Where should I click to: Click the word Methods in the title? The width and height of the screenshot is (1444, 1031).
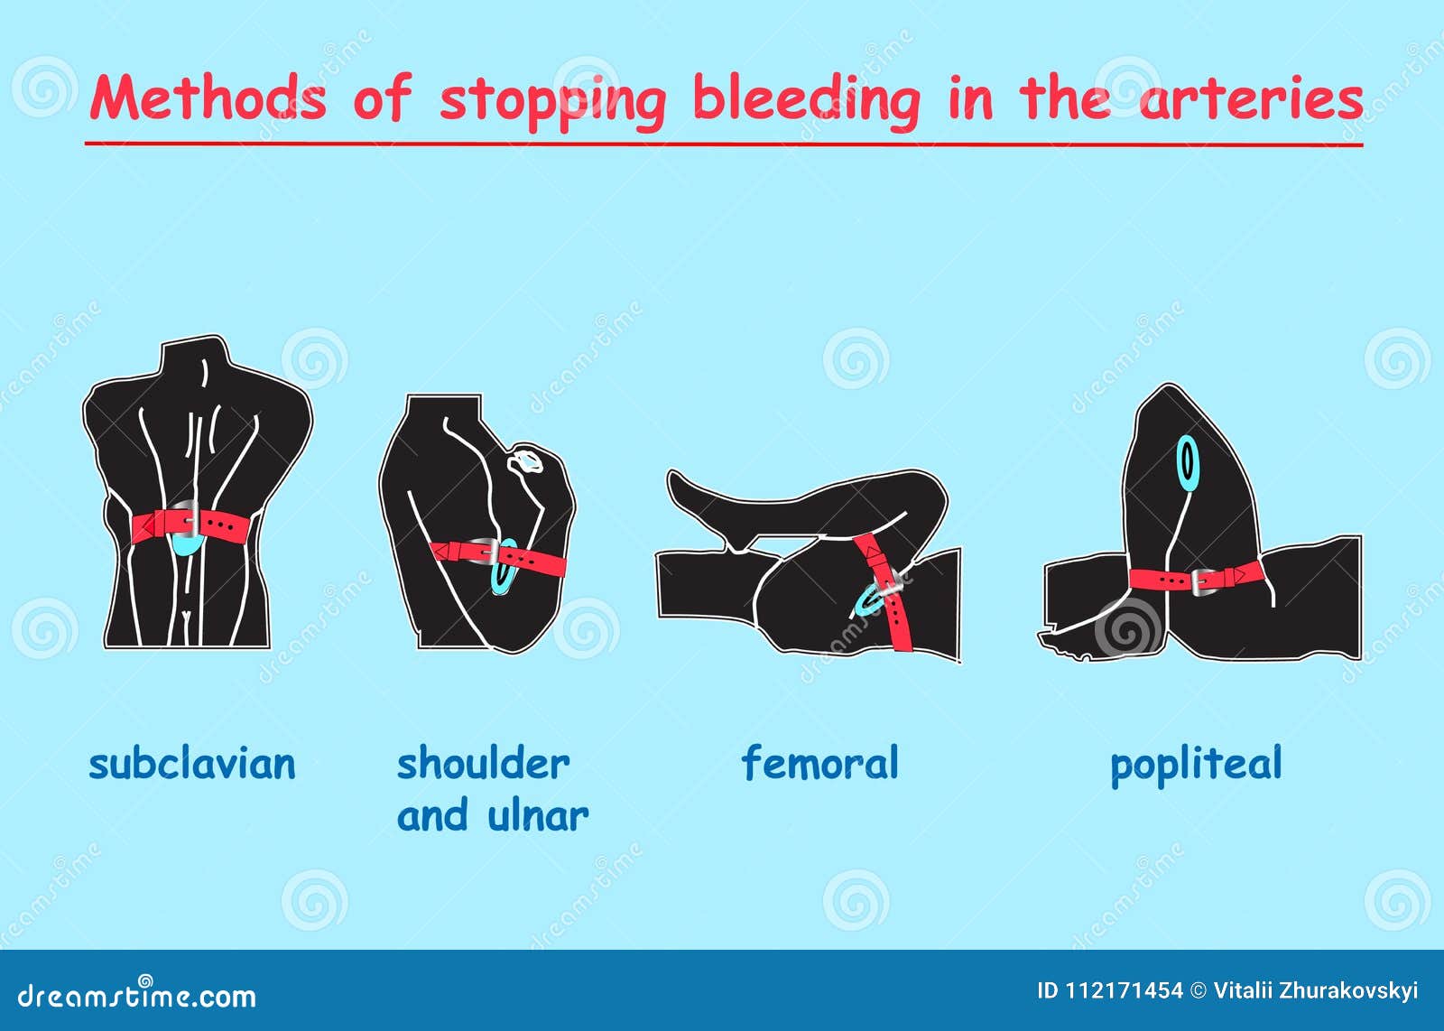click(x=208, y=98)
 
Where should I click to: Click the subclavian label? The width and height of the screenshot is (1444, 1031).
click(x=192, y=764)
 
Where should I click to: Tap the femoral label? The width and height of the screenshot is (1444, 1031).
click(x=820, y=763)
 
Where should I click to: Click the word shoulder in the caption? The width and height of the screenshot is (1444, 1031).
click(x=484, y=764)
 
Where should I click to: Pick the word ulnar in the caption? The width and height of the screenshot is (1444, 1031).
click(x=538, y=815)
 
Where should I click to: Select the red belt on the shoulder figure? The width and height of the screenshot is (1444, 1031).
click(x=498, y=556)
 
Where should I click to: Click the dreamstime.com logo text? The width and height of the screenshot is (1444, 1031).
click(x=136, y=995)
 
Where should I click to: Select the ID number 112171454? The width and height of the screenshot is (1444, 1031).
click(x=1124, y=991)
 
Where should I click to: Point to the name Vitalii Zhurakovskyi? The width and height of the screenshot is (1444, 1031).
click(x=1316, y=991)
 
